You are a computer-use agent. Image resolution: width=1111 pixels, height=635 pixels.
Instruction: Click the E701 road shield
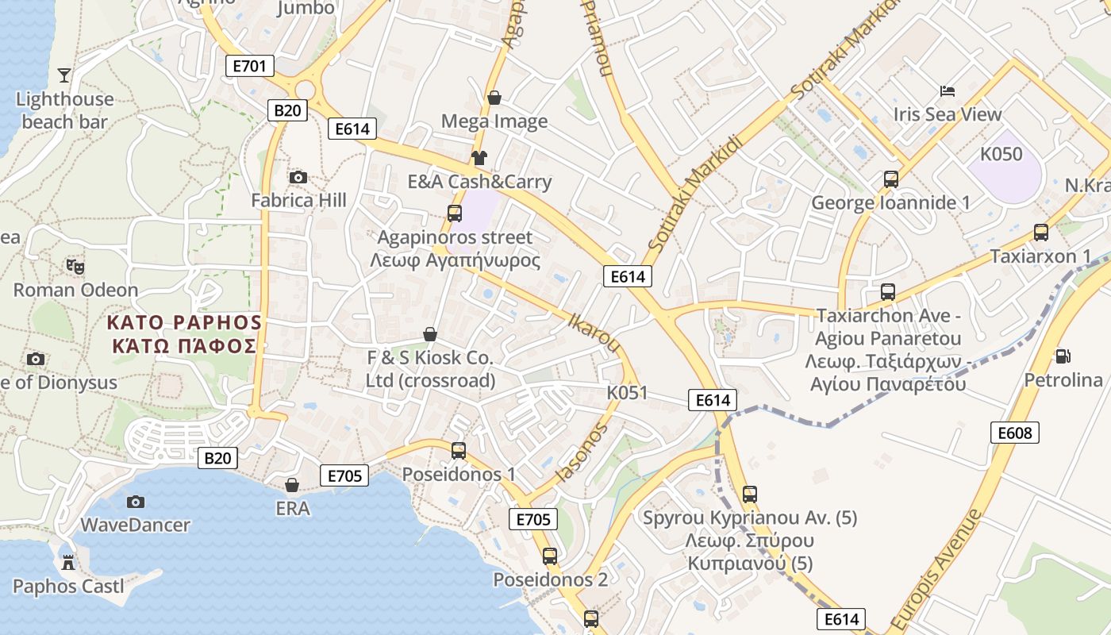250,66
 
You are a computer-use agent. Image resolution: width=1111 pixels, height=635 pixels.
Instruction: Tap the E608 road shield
1015,433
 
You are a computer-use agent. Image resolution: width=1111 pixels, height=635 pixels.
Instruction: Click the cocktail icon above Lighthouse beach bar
64,75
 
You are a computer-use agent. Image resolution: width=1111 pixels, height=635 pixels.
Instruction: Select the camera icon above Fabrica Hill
298,176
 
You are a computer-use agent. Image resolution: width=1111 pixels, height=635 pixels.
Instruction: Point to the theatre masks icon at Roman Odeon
75,266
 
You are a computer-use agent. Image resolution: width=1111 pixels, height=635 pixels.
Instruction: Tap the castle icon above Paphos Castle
68,563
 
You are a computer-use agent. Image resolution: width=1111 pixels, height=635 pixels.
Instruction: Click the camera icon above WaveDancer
136,502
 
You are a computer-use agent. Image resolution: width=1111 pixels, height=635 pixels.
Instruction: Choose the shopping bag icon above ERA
292,485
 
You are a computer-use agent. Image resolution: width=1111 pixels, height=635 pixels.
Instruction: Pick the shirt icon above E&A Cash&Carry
479,157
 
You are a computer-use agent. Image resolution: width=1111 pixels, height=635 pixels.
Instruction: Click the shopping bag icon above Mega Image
494,97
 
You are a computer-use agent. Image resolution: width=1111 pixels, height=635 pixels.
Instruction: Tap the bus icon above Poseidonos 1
458,451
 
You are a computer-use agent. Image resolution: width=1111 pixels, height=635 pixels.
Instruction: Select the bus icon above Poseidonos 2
550,556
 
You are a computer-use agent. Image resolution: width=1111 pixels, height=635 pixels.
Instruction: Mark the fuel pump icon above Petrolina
1063,356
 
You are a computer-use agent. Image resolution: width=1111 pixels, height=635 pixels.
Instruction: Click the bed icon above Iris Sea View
947,90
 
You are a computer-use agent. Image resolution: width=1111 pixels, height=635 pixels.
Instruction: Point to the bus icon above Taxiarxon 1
1040,233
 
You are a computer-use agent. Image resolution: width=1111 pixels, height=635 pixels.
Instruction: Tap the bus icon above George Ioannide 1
890,179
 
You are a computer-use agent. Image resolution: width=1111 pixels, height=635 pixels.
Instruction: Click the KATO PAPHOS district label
184,333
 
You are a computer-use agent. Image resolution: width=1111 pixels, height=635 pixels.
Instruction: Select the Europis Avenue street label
936,571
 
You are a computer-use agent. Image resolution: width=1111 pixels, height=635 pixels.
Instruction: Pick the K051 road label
627,393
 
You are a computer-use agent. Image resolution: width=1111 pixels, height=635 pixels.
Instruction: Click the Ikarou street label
594,332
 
